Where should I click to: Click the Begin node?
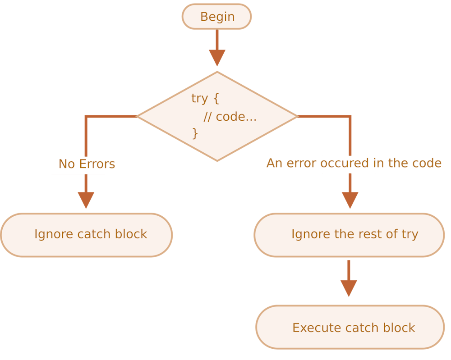click(x=216, y=17)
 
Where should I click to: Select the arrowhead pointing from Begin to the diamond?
click(x=217, y=58)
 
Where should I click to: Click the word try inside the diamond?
click(x=199, y=99)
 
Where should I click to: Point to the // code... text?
click(x=230, y=117)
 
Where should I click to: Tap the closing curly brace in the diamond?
click(x=195, y=134)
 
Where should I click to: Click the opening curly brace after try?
click(x=216, y=99)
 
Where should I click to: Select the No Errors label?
click(x=87, y=164)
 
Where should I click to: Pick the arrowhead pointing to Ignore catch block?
click(x=86, y=200)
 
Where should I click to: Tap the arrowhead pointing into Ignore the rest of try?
click(x=350, y=200)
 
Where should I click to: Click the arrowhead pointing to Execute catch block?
click(x=349, y=288)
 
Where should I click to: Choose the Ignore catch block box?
click(x=86, y=235)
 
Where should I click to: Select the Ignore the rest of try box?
click(x=349, y=235)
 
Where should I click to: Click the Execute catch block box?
click(x=350, y=327)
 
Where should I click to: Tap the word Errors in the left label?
click(x=97, y=164)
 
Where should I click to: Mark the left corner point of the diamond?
click(x=137, y=116)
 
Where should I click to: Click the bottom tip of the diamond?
click(x=217, y=161)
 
